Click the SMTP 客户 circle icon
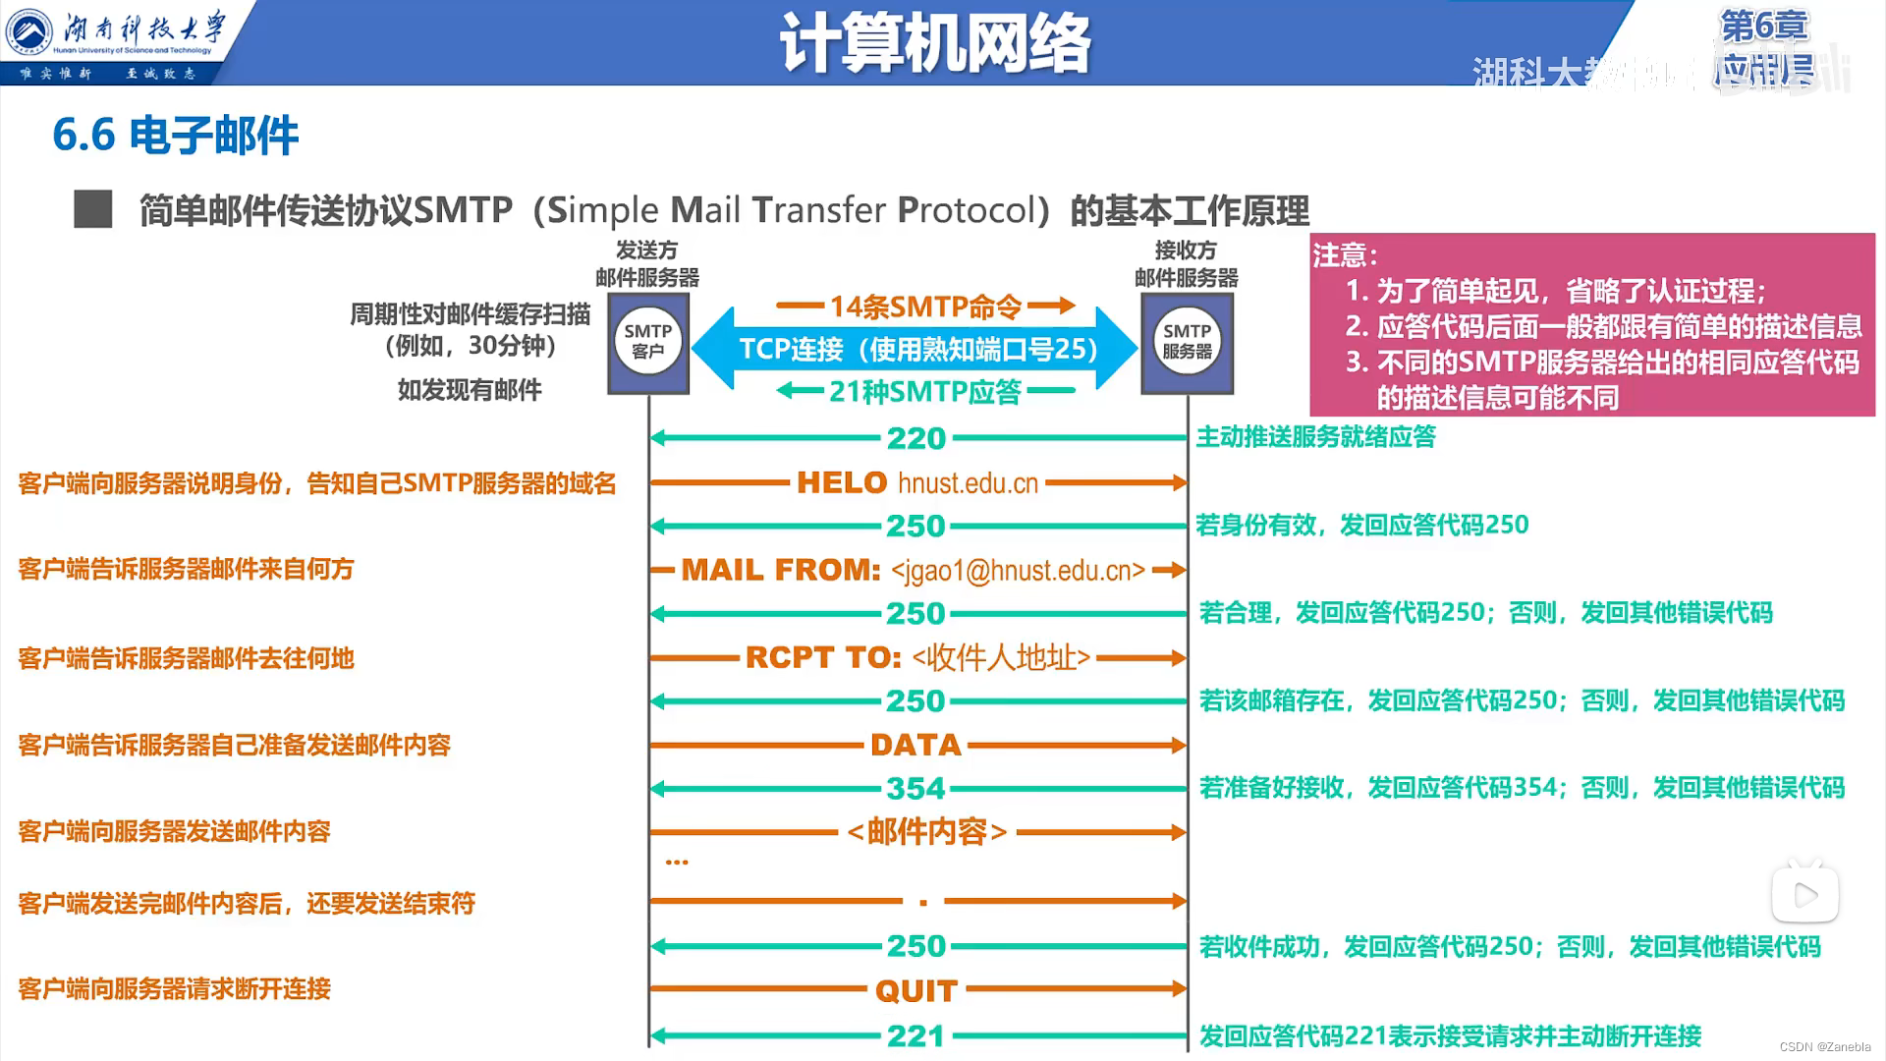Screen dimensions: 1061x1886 (647, 342)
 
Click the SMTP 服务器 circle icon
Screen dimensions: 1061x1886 (1187, 342)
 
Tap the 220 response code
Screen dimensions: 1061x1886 (915, 438)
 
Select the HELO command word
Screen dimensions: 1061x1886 (842, 482)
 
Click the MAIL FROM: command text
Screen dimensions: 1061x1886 (781, 570)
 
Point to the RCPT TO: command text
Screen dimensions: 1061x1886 (823, 657)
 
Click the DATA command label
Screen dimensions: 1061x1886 (915, 745)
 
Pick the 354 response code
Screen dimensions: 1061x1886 (915, 788)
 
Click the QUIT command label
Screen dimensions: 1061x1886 (915, 990)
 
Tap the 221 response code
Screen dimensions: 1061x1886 (915, 1035)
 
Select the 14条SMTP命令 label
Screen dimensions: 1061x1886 (925, 307)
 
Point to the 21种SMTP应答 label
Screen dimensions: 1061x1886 (925, 392)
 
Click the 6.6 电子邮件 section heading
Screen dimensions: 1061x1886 (175, 136)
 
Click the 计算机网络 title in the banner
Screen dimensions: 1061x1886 (934, 44)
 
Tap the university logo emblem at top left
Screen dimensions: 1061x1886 (29, 32)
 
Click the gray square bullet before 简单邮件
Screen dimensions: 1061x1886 (93, 209)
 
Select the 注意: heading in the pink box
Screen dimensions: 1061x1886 (1345, 255)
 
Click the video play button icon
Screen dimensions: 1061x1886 (1804, 895)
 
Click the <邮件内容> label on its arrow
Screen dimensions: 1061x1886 (926, 832)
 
